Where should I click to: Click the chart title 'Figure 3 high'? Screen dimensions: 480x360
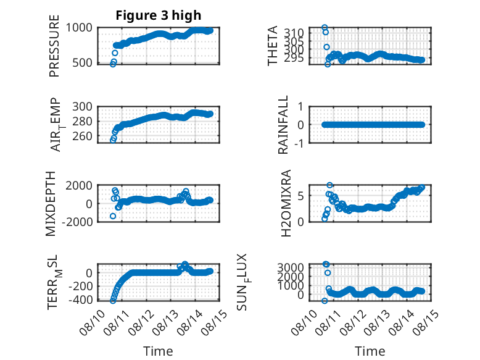point(159,15)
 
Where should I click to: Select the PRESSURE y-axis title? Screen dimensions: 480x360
point(54,46)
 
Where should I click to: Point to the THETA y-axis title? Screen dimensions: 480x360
point(272,46)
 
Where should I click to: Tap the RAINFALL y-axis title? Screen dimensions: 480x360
point(283,124)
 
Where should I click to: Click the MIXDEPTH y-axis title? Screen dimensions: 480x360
point(51,204)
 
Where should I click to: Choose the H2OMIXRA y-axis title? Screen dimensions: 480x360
point(286,203)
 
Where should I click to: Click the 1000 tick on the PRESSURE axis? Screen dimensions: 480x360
point(79,28)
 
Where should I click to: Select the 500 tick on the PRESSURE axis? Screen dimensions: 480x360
point(82,62)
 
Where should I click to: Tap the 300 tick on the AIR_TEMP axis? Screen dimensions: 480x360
point(82,107)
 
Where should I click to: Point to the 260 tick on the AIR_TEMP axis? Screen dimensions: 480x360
point(82,136)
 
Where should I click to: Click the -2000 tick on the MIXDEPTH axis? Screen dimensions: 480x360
point(77,222)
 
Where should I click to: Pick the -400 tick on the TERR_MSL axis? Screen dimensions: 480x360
point(80,299)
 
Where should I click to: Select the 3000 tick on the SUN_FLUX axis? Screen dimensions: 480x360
point(291,267)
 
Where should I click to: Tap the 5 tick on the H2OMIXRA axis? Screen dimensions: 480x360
point(301,196)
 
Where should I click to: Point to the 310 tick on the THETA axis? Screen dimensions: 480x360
point(294,33)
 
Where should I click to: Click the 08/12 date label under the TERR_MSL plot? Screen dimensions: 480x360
point(139,322)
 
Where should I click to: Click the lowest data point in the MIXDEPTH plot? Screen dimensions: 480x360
point(113,216)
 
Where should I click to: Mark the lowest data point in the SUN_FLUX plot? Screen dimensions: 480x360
point(325,301)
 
